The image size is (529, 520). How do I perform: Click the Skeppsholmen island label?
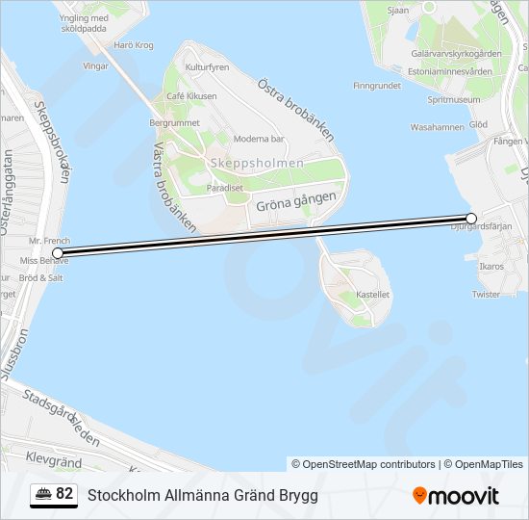click(x=256, y=163)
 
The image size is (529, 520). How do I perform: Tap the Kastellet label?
click(x=373, y=295)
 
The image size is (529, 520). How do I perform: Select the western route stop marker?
click(x=58, y=253)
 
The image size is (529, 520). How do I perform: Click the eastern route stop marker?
click(x=471, y=219)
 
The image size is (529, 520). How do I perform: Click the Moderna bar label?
click(x=257, y=138)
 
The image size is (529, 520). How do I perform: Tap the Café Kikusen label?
click(x=191, y=96)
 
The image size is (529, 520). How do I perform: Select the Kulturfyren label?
click(x=207, y=68)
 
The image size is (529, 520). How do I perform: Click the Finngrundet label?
click(x=376, y=86)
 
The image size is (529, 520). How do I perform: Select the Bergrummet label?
click(x=174, y=123)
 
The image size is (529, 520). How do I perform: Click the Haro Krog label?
click(x=133, y=45)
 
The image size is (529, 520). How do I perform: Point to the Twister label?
click(x=487, y=295)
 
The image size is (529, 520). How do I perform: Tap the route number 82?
click(x=64, y=494)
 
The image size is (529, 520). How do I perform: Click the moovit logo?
click(x=456, y=496)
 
